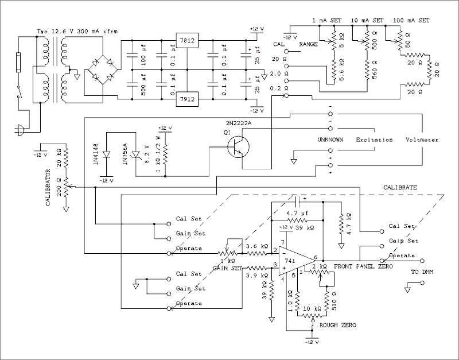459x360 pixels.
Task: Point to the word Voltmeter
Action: pyautogui.click(x=423, y=140)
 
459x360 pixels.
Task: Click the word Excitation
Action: pyautogui.click(x=374, y=140)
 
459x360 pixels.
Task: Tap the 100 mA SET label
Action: pyautogui.click(x=412, y=21)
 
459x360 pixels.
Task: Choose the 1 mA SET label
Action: pyautogui.click(x=327, y=21)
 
